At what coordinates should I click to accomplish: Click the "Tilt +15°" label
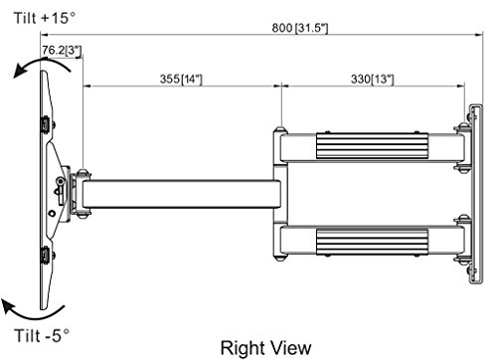pyautogui.click(x=45, y=18)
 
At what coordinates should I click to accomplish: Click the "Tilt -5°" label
pyautogui.click(x=42, y=335)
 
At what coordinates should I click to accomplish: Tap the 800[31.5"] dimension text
pyautogui.click(x=300, y=28)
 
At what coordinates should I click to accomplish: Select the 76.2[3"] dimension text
pyautogui.click(x=62, y=51)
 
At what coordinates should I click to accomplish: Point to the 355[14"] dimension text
pyautogui.click(x=181, y=80)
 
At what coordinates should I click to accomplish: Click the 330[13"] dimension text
pyautogui.click(x=373, y=80)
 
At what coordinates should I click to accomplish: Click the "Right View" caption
pyautogui.click(x=265, y=348)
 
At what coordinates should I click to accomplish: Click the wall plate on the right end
pyautogui.click(x=476, y=194)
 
